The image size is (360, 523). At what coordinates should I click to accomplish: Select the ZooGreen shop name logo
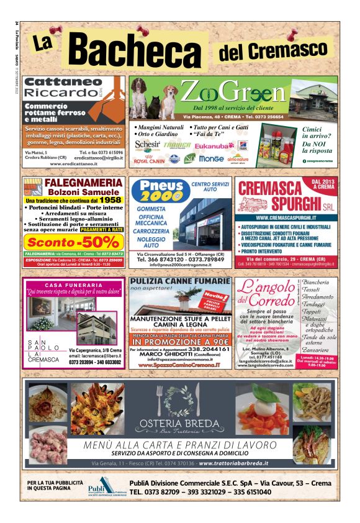pos(233,95)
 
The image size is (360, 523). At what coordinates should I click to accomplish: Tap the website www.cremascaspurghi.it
pos(286,218)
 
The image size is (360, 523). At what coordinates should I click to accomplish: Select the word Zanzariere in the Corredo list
pos(317,350)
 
